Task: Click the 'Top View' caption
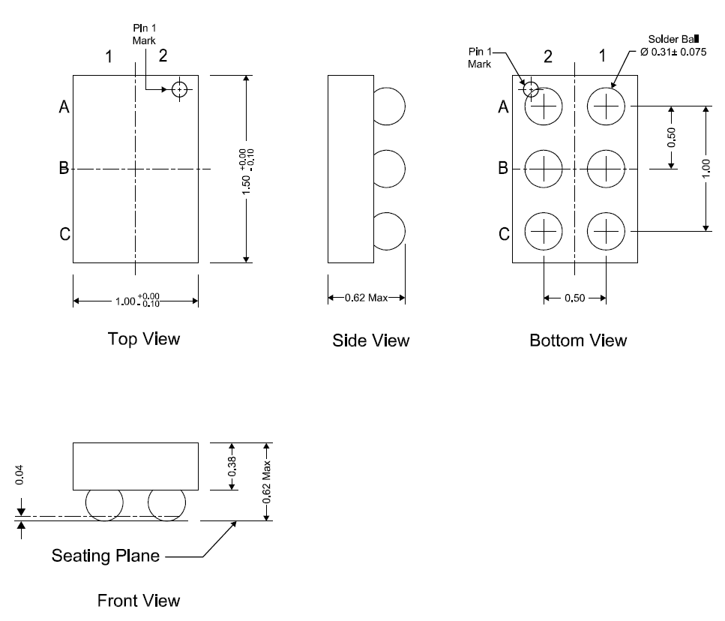(x=144, y=339)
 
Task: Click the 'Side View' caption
(x=371, y=341)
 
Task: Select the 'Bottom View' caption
(x=578, y=341)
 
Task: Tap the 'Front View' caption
(x=139, y=601)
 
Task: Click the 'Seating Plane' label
(x=106, y=556)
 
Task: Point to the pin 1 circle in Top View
(x=179, y=90)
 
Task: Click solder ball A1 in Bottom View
(x=605, y=106)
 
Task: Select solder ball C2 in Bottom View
(x=544, y=231)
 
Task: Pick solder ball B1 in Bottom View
(x=605, y=169)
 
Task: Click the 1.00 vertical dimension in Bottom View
(x=706, y=169)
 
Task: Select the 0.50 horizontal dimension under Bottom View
(x=574, y=298)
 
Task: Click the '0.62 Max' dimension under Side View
(x=366, y=298)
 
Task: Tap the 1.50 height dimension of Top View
(x=247, y=169)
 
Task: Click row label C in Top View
(x=65, y=235)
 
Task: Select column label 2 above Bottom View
(x=548, y=57)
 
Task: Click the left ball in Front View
(x=104, y=503)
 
